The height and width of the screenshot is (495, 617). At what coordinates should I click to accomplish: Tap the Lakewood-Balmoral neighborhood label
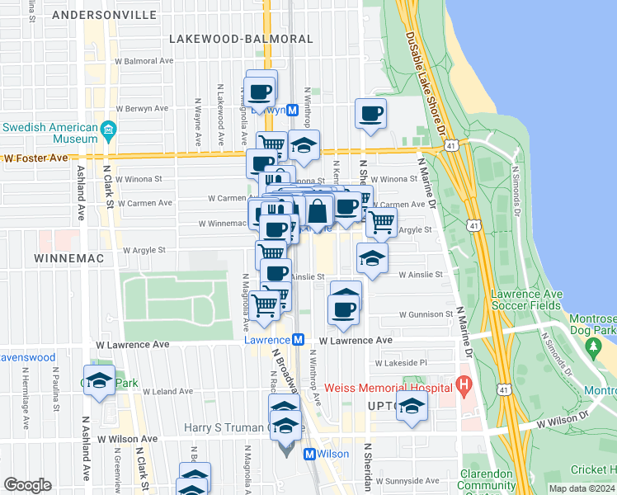click(241, 39)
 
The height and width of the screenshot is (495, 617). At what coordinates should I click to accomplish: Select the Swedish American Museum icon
click(108, 130)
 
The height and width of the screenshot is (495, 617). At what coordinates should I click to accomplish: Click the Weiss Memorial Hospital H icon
click(464, 384)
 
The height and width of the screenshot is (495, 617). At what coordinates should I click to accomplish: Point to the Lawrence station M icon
click(299, 339)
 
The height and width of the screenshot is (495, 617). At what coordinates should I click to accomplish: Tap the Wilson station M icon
click(310, 454)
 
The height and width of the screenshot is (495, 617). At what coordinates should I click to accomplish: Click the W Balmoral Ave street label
click(144, 61)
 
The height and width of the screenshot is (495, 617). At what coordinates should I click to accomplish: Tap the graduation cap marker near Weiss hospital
click(412, 407)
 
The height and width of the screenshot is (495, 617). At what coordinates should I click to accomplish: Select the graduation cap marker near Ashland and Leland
click(100, 380)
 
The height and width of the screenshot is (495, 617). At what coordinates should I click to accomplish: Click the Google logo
click(27, 485)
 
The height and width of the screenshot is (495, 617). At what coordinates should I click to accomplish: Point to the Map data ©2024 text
click(581, 488)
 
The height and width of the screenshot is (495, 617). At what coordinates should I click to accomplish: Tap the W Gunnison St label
click(426, 314)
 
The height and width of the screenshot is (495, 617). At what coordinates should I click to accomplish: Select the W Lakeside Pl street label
click(401, 362)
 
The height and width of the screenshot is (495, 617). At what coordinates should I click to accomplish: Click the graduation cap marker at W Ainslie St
click(372, 258)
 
